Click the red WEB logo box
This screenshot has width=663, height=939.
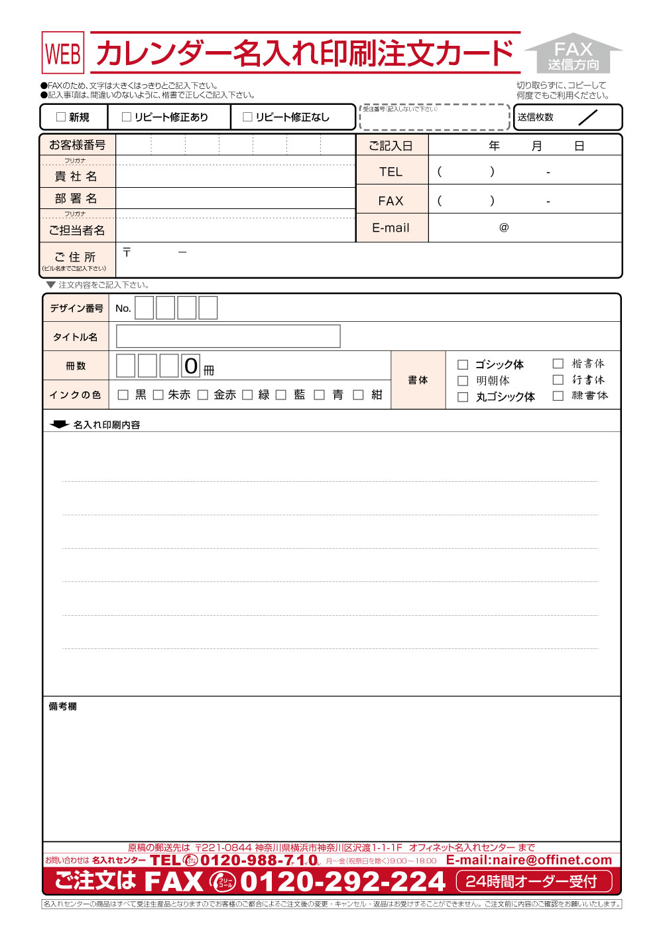tap(63, 53)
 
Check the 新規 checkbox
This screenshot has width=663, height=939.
tap(61, 117)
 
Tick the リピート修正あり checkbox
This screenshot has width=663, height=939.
tap(127, 117)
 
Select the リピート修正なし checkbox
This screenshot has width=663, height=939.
tap(247, 117)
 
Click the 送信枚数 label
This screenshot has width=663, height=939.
tap(536, 117)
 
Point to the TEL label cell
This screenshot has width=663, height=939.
tap(391, 172)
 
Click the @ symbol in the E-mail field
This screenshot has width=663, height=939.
tap(504, 228)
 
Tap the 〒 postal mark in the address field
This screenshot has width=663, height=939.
tap(127, 253)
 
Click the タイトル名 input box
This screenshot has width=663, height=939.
tap(228, 336)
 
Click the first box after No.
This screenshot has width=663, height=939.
tap(145, 308)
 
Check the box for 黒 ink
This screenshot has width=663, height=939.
tap(123, 395)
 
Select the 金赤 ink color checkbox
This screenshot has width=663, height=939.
tap(203, 395)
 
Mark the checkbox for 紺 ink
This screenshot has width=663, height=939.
tap(358, 395)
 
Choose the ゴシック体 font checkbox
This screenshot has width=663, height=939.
tap(463, 364)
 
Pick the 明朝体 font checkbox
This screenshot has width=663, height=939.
tap(463, 381)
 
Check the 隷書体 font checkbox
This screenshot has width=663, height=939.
tap(558, 396)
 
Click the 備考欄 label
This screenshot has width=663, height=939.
tap(63, 707)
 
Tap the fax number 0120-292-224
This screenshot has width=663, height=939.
tap(343, 881)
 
